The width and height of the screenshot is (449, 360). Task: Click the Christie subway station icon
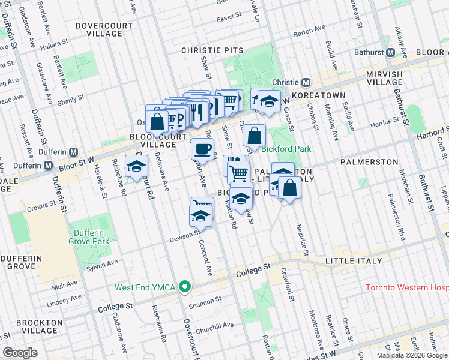point(305,82)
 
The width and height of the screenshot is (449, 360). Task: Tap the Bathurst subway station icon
point(390,52)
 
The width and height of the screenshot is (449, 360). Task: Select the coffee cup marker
point(202,149)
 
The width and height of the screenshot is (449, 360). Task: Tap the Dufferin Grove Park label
point(89,237)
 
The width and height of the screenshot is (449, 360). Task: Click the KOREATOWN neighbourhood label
point(322,95)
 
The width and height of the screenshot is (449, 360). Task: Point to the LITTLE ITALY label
point(353,261)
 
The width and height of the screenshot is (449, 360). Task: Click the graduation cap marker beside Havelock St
point(136,166)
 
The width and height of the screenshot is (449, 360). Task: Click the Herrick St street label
point(384,122)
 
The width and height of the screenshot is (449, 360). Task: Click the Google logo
point(20,353)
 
